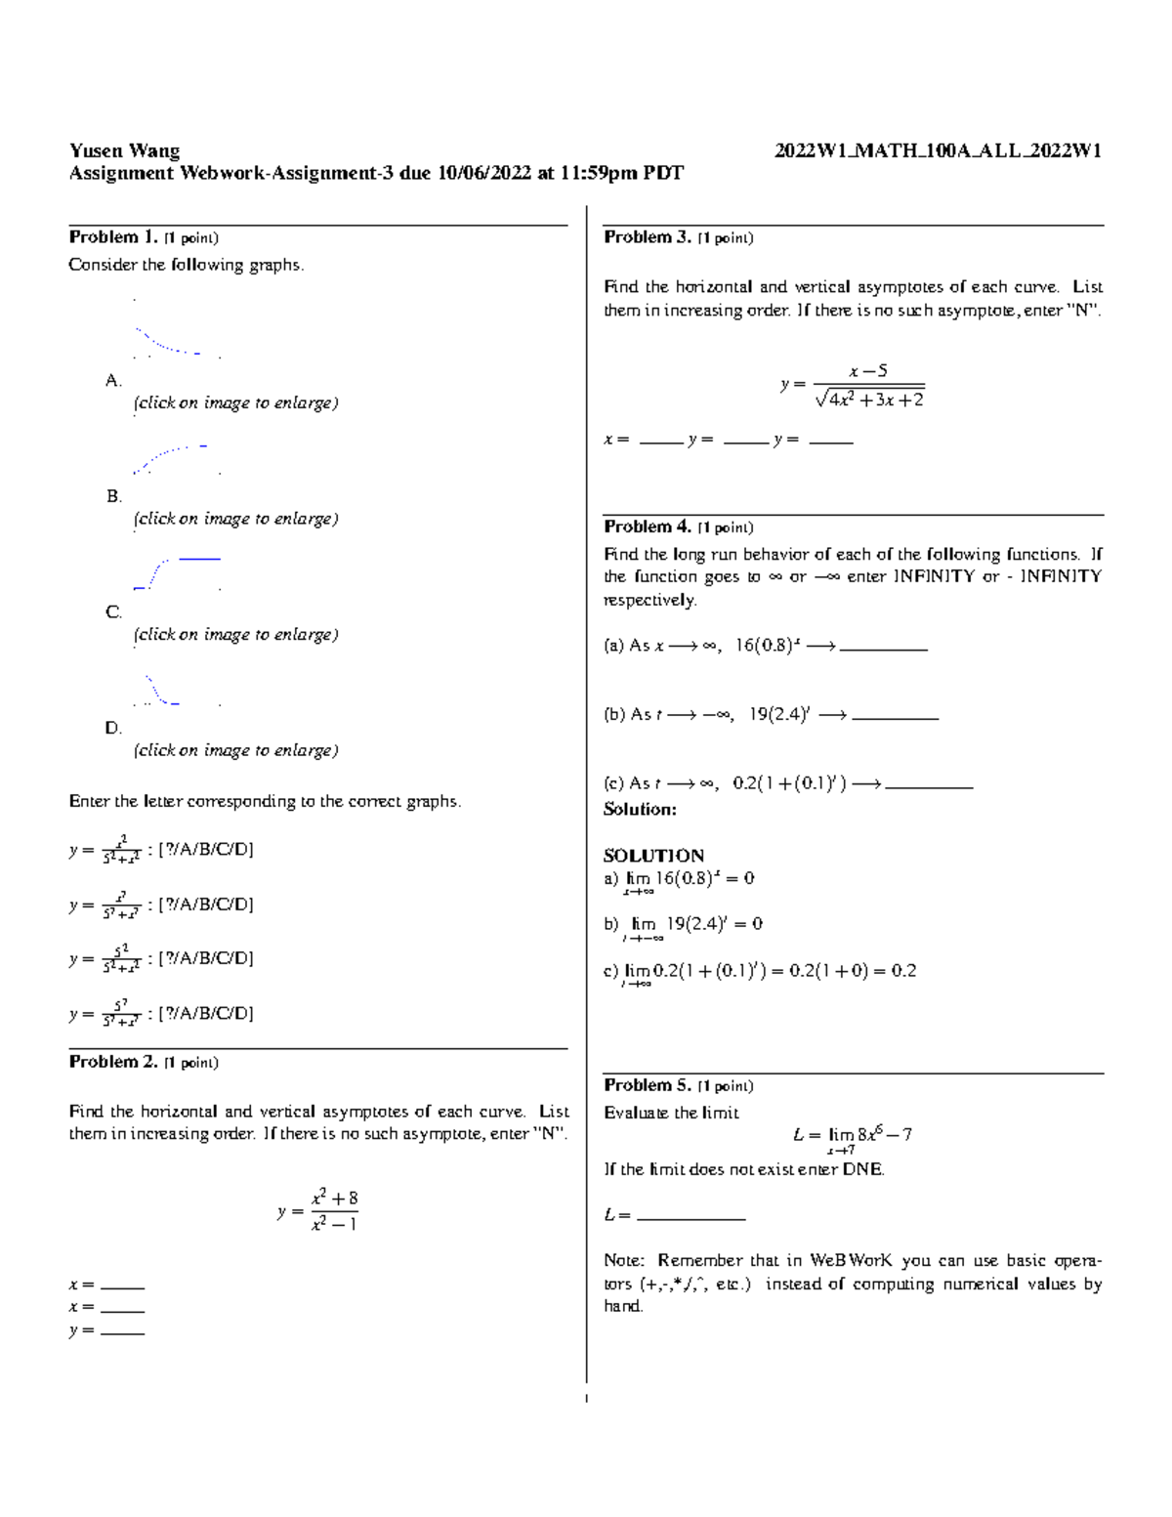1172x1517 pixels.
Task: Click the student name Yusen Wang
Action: click(124, 150)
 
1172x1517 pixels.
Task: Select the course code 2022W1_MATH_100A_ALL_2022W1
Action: click(938, 150)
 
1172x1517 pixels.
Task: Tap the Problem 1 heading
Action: click(112, 237)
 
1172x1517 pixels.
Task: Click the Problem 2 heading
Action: click(112, 1062)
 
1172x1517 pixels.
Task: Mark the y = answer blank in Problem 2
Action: click(122, 1331)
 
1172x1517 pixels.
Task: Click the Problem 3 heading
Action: click(648, 237)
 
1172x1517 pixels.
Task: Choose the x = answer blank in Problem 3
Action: click(660, 442)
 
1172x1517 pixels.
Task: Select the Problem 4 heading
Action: click(648, 527)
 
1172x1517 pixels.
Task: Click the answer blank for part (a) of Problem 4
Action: click(883, 648)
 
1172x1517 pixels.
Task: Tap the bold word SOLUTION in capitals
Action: click(653, 856)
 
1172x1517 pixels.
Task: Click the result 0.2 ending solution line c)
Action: click(903, 971)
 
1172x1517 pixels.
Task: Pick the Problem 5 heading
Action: click(648, 1085)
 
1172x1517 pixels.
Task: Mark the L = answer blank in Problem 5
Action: click(690, 1217)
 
